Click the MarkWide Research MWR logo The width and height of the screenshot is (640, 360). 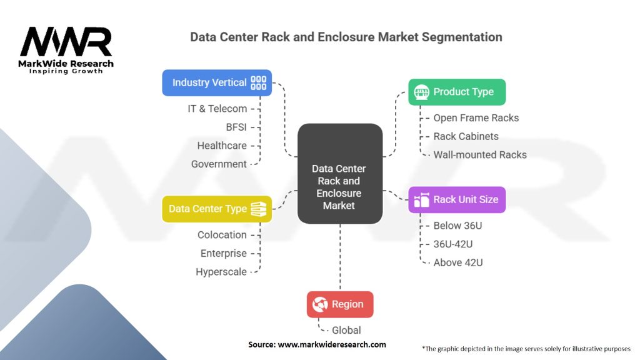point(66,49)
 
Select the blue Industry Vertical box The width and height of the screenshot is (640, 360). point(217,82)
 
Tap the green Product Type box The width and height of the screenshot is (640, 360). point(456,92)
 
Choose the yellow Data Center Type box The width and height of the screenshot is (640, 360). point(217,209)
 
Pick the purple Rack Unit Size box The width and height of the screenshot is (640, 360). point(456,200)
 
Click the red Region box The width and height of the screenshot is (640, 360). point(339,304)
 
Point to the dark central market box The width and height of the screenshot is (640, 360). point(339,174)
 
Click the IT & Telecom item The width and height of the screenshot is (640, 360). point(217,109)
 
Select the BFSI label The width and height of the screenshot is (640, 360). point(236,127)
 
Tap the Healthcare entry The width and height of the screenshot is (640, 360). point(221,146)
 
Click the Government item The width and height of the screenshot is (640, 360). point(219,164)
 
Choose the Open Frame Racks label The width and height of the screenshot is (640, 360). point(476,117)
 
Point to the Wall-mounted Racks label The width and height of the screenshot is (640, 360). point(479,154)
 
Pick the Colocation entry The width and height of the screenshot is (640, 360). point(222,235)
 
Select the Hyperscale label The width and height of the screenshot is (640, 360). point(221,272)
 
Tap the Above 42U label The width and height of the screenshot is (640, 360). point(458,262)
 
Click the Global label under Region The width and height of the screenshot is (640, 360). point(346,330)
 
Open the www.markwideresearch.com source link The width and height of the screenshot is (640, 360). point(331,344)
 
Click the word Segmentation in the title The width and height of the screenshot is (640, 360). point(461,37)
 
